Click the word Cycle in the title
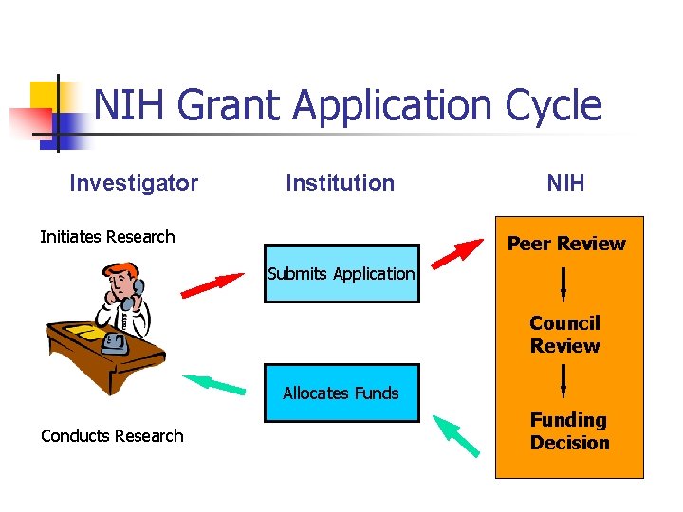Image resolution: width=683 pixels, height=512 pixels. pyautogui.click(x=554, y=106)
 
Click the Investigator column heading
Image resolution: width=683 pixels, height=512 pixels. pyautogui.click(x=134, y=183)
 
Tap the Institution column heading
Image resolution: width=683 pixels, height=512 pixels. pyautogui.click(x=341, y=183)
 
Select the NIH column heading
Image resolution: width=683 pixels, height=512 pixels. pyautogui.click(x=565, y=183)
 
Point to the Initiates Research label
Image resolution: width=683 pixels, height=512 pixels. pyautogui.click(x=107, y=237)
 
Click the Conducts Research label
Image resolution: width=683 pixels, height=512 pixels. pyautogui.click(x=112, y=436)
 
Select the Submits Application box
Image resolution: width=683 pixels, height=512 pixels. pyautogui.click(x=341, y=274)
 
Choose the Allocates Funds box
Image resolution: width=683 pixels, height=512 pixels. pyautogui.click(x=341, y=393)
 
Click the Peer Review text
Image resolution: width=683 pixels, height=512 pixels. pyautogui.click(x=566, y=244)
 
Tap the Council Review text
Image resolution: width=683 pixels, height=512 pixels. pyautogui.click(x=564, y=335)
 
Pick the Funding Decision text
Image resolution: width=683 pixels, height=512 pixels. pyautogui.click(x=569, y=431)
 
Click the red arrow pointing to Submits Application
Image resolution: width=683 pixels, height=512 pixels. pyautogui.click(x=212, y=285)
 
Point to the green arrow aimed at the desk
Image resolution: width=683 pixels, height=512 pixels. pyautogui.click(x=213, y=384)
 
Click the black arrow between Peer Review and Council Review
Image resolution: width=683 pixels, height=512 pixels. pyautogui.click(x=564, y=283)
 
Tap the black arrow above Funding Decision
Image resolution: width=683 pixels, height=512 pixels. pyautogui.click(x=564, y=380)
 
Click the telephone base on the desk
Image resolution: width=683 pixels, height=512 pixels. pyautogui.click(x=117, y=342)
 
